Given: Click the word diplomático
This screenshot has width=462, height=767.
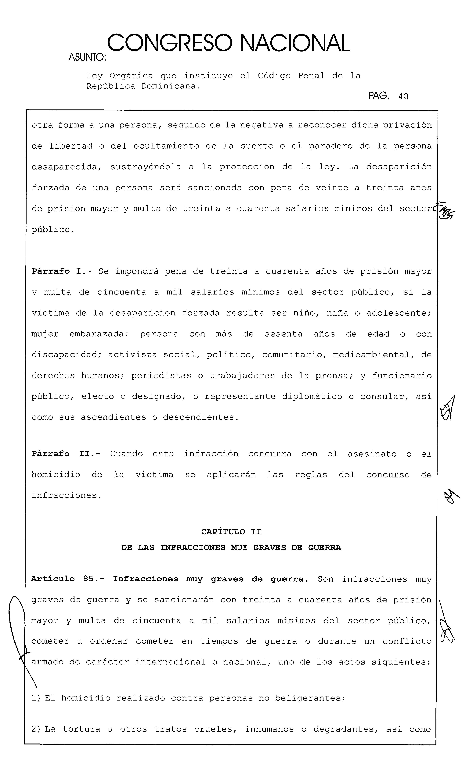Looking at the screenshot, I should click(x=312, y=396).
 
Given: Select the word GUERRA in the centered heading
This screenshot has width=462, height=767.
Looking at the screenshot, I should click(x=324, y=548).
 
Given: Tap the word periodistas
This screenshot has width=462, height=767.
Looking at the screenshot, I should click(x=161, y=376).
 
